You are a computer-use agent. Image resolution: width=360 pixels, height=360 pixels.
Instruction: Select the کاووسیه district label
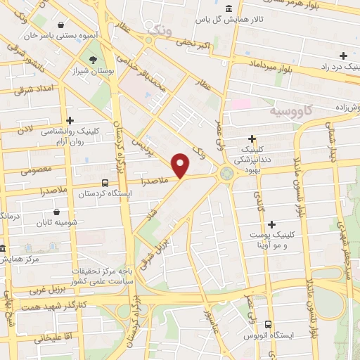click(296, 112)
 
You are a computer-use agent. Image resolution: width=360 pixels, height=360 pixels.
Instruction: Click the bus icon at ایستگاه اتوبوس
click(269, 324)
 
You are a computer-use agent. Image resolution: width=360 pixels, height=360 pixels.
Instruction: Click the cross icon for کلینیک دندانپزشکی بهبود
click(252, 139)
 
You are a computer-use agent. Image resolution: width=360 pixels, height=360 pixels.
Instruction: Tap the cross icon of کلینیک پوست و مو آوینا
click(271, 224)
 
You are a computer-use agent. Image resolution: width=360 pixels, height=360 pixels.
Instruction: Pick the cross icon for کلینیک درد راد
click(343, 56)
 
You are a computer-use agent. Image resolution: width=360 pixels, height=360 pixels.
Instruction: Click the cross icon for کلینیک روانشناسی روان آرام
click(70, 121)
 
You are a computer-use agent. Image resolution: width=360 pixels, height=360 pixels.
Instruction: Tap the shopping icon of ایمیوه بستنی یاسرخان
click(63, 23)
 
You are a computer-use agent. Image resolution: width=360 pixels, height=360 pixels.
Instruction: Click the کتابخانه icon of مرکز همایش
click(4, 249)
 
